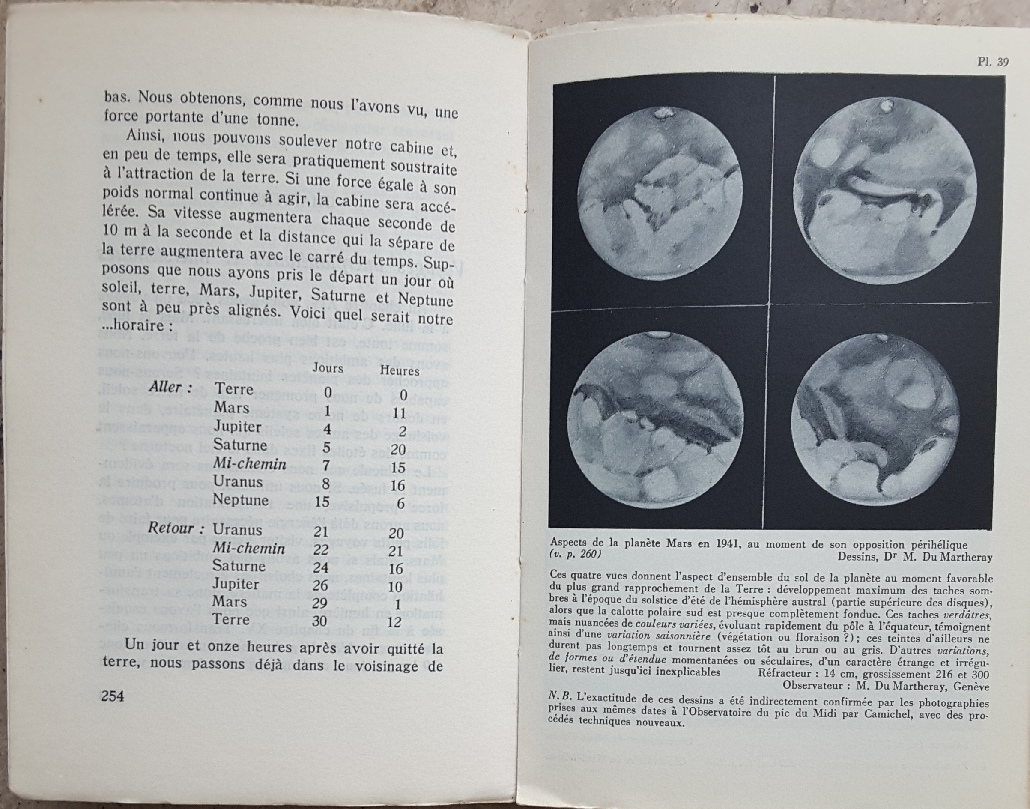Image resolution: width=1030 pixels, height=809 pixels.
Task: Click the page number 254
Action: click(x=112, y=696)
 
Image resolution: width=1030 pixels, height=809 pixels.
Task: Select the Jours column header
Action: click(x=328, y=368)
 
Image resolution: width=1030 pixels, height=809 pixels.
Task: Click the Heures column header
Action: click(x=400, y=371)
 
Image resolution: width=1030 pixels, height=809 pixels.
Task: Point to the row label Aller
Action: click(x=170, y=388)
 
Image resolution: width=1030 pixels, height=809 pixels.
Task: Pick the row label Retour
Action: click(x=171, y=528)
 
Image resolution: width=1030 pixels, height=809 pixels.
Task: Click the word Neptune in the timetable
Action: click(x=241, y=500)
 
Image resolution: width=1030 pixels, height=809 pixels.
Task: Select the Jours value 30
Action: click(x=321, y=621)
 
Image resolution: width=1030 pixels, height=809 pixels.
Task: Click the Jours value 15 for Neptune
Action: click(x=322, y=501)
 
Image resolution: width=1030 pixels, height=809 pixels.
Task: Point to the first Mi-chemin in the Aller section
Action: click(x=250, y=464)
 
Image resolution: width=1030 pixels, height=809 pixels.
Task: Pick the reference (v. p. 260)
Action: click(x=575, y=554)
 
